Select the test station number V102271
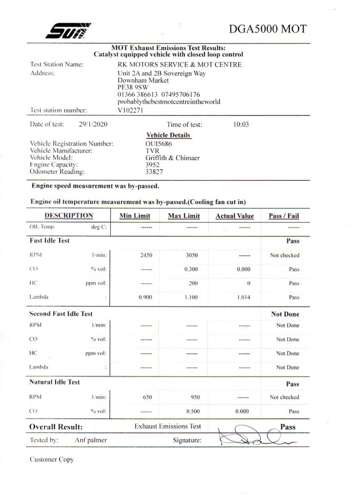tap(131, 110)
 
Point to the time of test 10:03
tap(240, 124)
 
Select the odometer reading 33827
tap(154, 171)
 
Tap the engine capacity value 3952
tap(153, 164)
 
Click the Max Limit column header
tap(184, 216)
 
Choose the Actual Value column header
tap(234, 216)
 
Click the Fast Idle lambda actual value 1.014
tap(243, 297)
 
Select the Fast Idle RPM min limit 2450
tap(146, 255)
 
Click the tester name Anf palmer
tap(90, 440)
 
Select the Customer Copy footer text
tap(52, 460)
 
